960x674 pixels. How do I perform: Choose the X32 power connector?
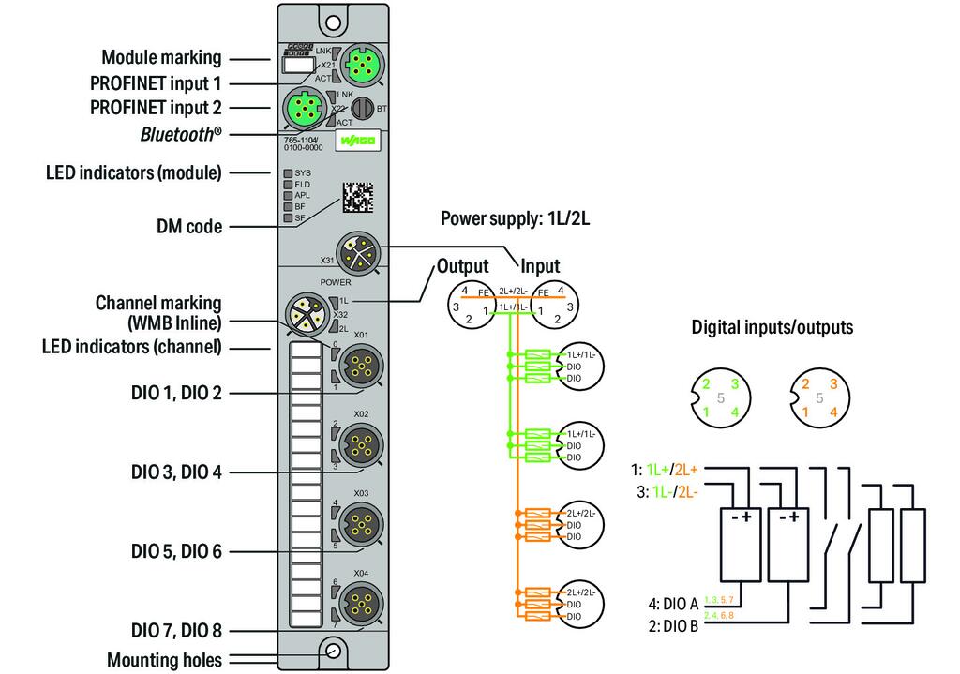pyautogui.click(x=305, y=313)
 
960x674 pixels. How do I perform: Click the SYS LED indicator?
pyautogui.click(x=289, y=173)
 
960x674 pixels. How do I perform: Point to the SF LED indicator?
pyautogui.click(x=289, y=217)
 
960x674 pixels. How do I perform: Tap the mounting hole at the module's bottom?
pyautogui.click(x=333, y=651)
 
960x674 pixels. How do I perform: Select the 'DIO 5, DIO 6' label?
pyautogui.click(x=176, y=551)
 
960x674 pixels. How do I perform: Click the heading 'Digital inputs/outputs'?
pyautogui.click(x=771, y=327)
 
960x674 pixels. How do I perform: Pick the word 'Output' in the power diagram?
pyautogui.click(x=463, y=266)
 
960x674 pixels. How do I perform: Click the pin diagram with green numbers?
pyautogui.click(x=719, y=398)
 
